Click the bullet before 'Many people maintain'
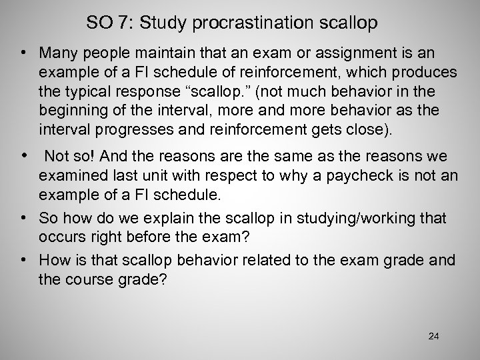pyautogui.click(x=24, y=51)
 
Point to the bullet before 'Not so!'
pyautogui.click(x=24, y=155)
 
